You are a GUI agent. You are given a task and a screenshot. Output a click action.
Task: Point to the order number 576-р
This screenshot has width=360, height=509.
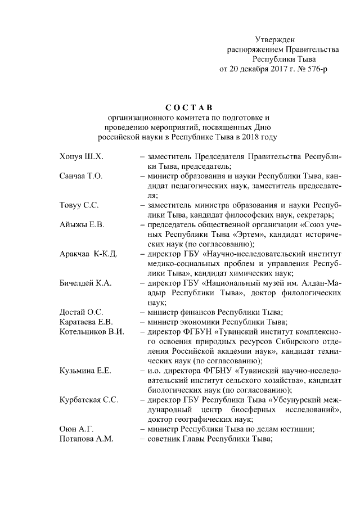pos(315,69)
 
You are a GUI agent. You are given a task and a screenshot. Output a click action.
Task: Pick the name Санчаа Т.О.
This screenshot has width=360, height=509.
pos(81,176)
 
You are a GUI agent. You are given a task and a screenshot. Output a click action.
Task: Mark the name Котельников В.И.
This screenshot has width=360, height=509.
pos(91,332)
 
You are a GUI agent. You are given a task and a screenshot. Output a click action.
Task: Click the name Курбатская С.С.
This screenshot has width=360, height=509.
pos(89,400)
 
